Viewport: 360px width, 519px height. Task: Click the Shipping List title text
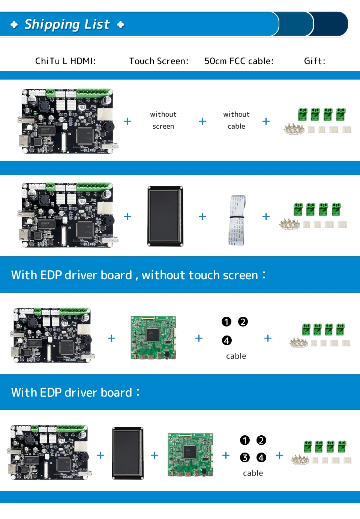(67, 24)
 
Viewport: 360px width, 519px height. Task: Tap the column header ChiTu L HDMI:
(66, 61)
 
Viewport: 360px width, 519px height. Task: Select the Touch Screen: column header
(159, 61)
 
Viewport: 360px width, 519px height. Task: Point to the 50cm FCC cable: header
(239, 61)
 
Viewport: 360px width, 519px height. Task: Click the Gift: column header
(315, 61)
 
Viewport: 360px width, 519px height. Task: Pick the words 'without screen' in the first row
(163, 120)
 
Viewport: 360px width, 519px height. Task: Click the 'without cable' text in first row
(236, 120)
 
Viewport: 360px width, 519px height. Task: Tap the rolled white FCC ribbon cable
(237, 220)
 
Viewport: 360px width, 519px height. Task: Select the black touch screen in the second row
(165, 216)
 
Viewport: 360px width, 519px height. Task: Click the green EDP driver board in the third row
(153, 338)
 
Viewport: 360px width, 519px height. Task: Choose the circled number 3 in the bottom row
(245, 457)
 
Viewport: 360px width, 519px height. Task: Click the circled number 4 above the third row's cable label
(227, 340)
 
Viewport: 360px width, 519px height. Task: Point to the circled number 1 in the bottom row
(245, 440)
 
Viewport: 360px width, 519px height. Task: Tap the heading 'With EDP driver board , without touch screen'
(138, 275)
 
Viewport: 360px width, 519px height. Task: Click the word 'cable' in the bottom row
(253, 473)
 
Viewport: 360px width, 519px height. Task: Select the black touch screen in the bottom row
(128, 453)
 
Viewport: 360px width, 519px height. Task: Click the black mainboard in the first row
(67, 121)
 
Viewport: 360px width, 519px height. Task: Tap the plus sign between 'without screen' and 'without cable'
(202, 121)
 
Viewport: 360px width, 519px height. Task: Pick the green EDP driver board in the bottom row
(190, 455)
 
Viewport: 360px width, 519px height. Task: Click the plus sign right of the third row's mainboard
(111, 338)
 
